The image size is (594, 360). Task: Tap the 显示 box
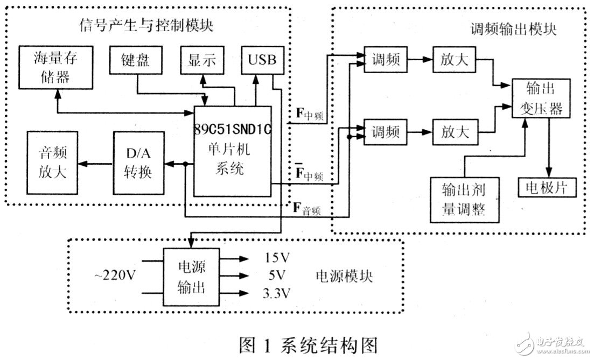tap(202, 61)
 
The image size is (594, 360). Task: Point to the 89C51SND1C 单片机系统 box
tap(232, 150)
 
